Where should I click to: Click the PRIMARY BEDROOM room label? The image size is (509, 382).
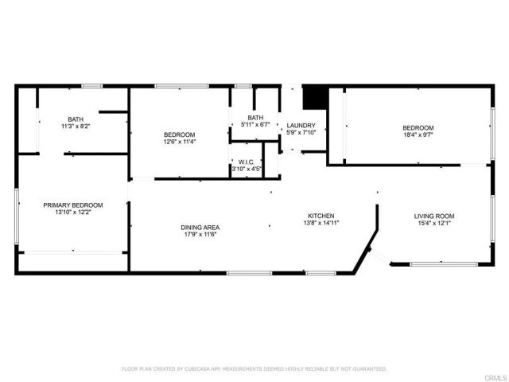[72, 205]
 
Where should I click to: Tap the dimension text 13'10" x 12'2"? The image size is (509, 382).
[72, 212]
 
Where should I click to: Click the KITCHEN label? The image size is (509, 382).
[321, 216]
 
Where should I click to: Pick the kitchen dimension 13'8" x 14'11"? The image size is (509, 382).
[321, 224]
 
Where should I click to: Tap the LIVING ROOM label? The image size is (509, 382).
[433, 216]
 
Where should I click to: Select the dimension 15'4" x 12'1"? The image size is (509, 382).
[433, 224]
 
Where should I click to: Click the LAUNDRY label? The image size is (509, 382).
[301, 125]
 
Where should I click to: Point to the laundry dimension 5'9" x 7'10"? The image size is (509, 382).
[301, 133]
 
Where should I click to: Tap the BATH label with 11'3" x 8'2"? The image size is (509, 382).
[75, 119]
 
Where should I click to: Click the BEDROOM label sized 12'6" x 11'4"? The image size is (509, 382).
[179, 134]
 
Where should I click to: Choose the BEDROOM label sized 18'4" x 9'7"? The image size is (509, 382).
[418, 128]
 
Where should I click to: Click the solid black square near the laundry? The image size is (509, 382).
[317, 96]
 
